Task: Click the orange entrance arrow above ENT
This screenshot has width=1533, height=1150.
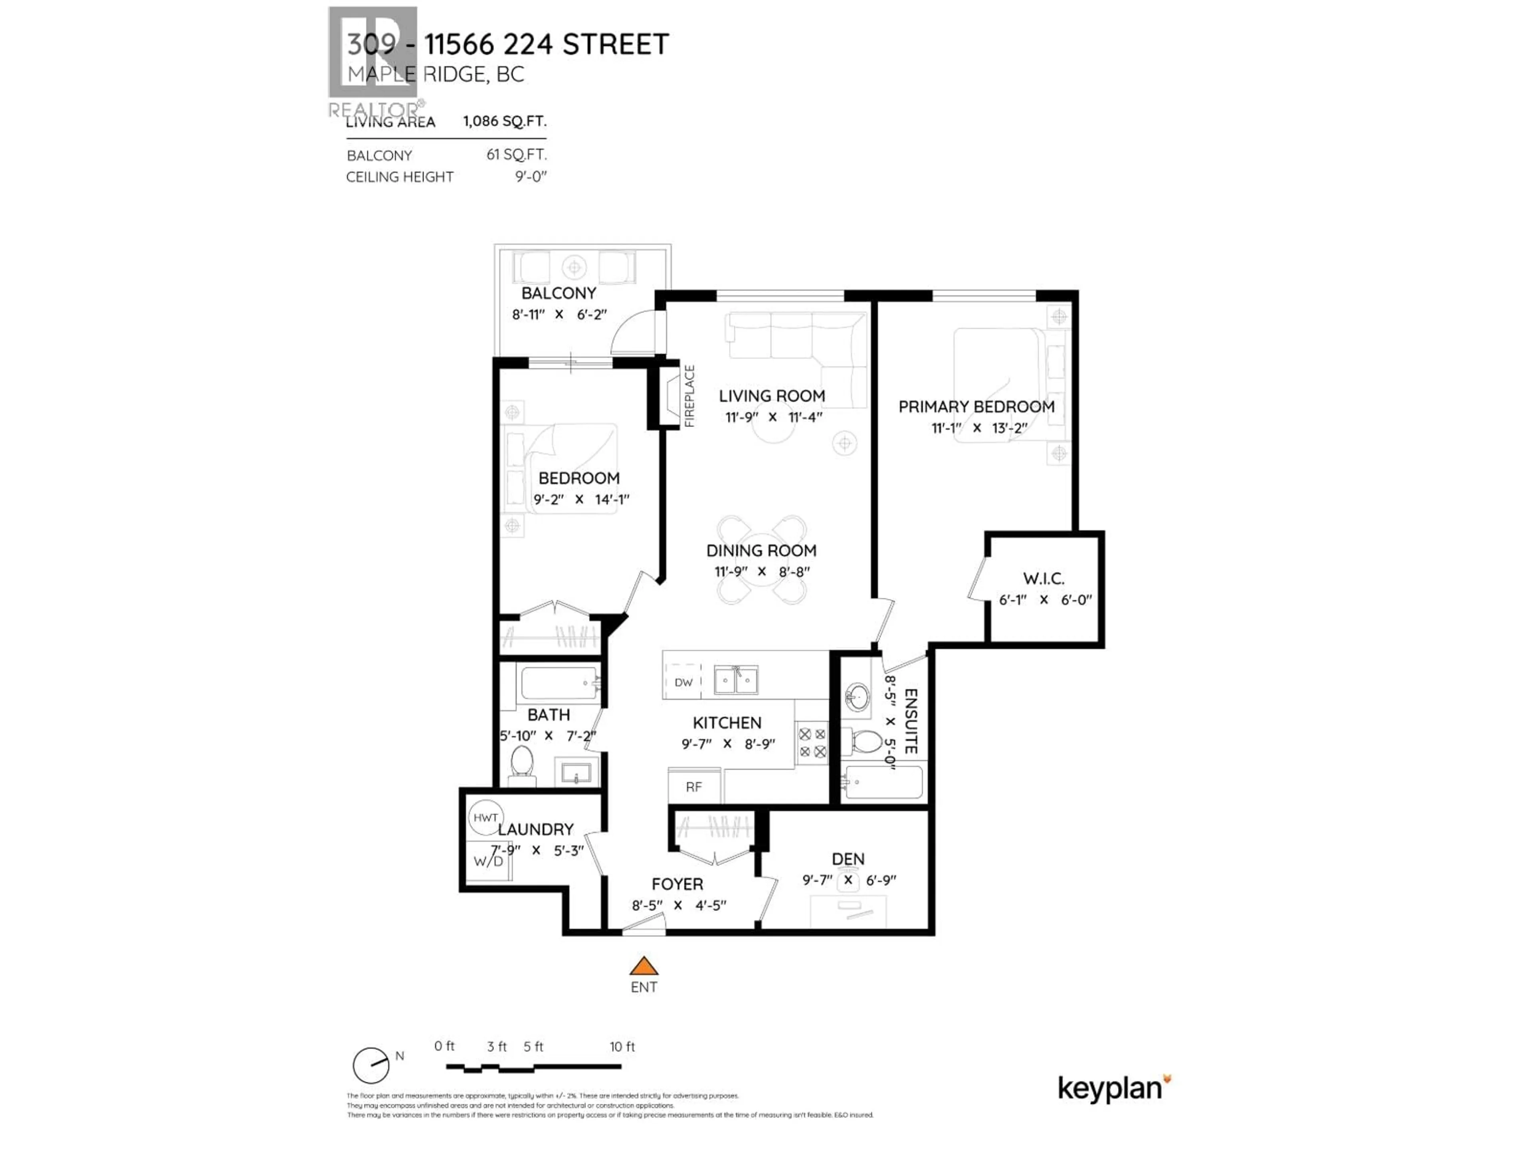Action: (644, 966)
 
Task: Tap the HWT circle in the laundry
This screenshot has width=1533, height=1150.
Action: (485, 818)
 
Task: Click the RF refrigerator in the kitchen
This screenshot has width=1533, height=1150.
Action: (694, 787)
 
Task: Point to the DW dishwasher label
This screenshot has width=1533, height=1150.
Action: (683, 682)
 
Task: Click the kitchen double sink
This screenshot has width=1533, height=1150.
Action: (736, 680)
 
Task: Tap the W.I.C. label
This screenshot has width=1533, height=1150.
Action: (1044, 578)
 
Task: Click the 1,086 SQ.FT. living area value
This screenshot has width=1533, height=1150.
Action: (505, 121)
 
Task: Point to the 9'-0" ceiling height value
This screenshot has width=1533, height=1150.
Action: (530, 177)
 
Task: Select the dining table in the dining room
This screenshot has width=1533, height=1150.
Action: (762, 560)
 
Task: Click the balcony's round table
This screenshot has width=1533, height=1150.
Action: (574, 267)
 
